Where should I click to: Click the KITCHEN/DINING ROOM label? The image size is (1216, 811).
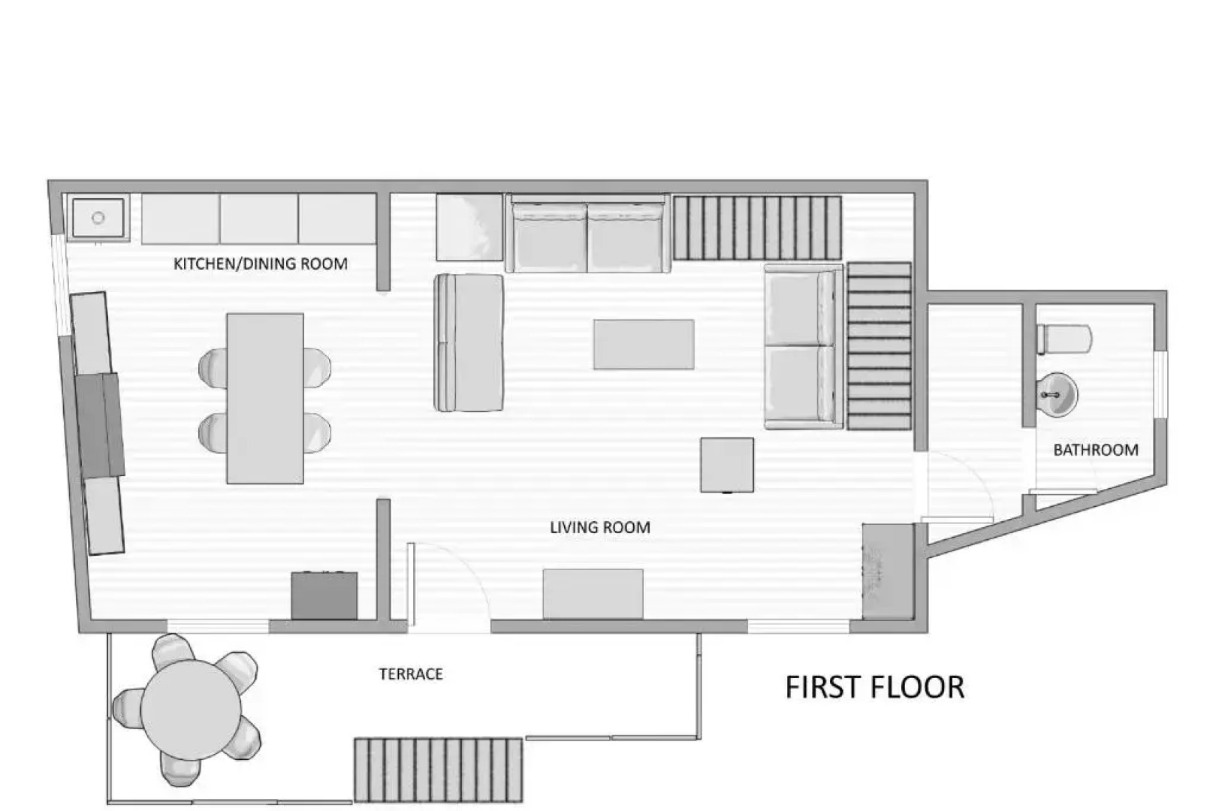pyautogui.click(x=260, y=264)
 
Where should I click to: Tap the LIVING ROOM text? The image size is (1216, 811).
pyautogui.click(x=599, y=527)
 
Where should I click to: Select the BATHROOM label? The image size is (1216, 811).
pyautogui.click(x=1095, y=450)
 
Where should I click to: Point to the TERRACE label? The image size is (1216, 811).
pyautogui.click(x=410, y=674)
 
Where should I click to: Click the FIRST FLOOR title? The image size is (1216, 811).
pyautogui.click(x=874, y=687)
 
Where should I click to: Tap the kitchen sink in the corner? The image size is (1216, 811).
pyautogui.click(x=98, y=218)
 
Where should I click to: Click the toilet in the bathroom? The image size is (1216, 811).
pyautogui.click(x=1064, y=339)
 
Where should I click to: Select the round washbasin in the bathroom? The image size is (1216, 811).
pyautogui.click(x=1057, y=393)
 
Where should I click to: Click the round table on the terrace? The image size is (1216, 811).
pyautogui.click(x=190, y=710)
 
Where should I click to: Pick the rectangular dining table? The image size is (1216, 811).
pyautogui.click(x=264, y=398)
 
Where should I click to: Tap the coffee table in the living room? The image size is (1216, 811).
pyautogui.click(x=643, y=344)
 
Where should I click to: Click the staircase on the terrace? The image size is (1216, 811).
pyautogui.click(x=438, y=770)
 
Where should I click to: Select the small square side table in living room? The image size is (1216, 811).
pyautogui.click(x=726, y=465)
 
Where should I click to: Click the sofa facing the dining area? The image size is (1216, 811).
pyautogui.click(x=469, y=342)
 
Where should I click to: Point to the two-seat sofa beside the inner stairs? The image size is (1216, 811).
pyautogui.click(x=802, y=346)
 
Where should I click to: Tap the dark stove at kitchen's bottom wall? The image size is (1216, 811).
pyautogui.click(x=324, y=595)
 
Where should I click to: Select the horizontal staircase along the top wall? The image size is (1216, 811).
pyautogui.click(x=756, y=228)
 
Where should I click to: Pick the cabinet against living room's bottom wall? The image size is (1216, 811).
pyautogui.click(x=593, y=593)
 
